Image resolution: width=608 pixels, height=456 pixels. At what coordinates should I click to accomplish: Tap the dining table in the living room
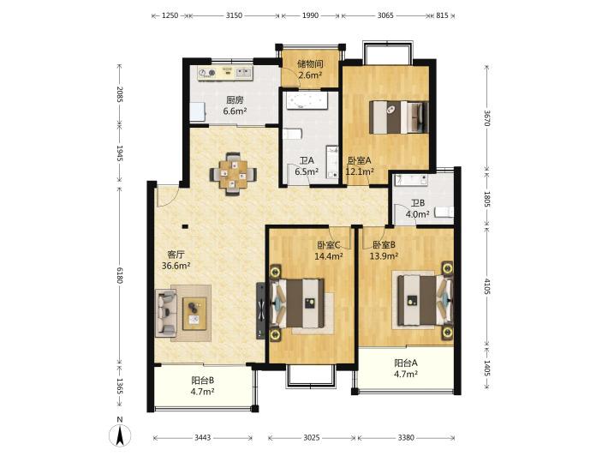[233, 174]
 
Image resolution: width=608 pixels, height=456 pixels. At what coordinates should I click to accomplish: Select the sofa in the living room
[166, 312]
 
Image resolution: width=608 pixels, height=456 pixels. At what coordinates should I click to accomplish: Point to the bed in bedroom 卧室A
[398, 117]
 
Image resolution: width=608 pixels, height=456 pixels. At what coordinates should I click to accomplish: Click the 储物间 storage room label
[310, 63]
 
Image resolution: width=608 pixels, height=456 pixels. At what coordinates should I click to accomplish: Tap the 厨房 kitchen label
[235, 100]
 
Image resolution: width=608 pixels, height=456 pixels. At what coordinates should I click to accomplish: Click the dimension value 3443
[202, 438]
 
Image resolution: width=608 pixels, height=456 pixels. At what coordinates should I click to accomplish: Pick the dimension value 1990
[310, 15]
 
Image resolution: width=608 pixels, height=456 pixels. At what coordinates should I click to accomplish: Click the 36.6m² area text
[176, 266]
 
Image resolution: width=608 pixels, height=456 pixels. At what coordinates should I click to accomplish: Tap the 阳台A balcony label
[406, 363]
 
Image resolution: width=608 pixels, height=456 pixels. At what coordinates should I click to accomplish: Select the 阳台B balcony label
[203, 381]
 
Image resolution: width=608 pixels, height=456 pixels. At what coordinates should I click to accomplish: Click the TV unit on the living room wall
[260, 311]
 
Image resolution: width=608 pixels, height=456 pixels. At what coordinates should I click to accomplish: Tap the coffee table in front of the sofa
[194, 314]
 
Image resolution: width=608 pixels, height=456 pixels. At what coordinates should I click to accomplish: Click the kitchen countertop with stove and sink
[225, 73]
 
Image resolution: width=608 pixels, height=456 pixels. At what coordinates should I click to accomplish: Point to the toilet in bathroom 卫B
[444, 212]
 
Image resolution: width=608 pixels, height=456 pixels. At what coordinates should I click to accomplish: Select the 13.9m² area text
[384, 255]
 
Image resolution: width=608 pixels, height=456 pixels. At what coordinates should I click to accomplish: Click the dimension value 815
[442, 15]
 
